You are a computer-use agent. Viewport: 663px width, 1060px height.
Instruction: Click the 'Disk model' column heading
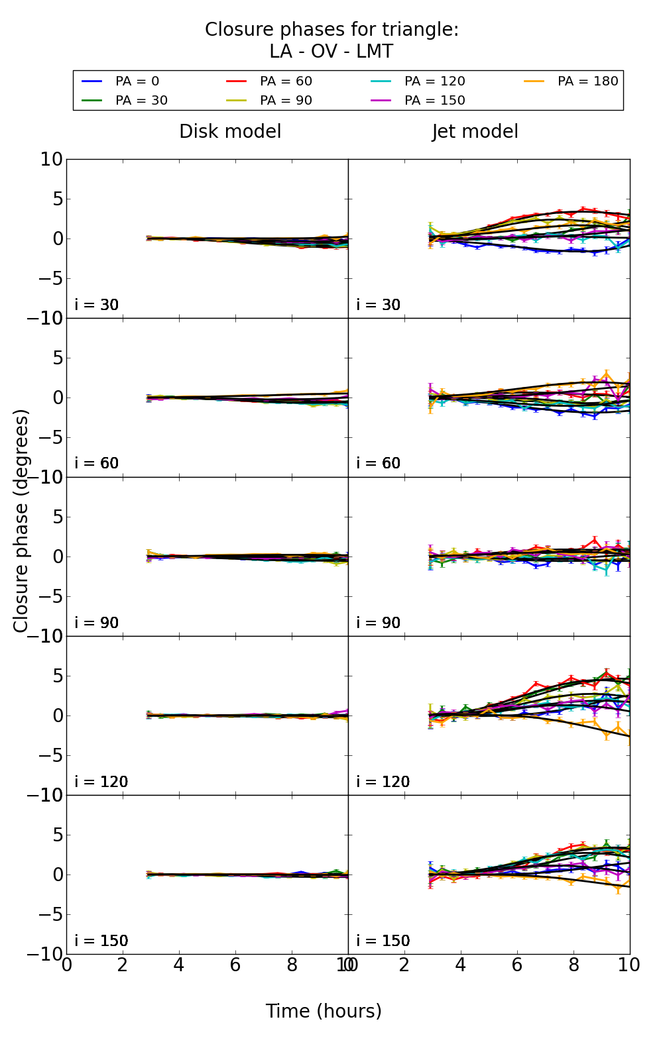(230, 132)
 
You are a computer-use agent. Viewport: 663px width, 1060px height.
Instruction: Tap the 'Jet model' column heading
(475, 132)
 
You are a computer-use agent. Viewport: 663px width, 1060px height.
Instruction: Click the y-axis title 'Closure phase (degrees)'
(21, 521)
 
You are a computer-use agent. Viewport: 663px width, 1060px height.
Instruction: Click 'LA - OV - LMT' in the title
(331, 52)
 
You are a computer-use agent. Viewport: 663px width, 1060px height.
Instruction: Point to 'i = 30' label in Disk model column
(97, 305)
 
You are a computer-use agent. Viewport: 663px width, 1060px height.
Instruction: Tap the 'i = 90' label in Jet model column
(379, 623)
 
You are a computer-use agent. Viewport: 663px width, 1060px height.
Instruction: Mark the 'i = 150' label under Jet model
(383, 941)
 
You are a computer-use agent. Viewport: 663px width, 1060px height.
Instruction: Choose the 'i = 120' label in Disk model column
(101, 782)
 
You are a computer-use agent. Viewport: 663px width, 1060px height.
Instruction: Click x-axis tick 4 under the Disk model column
(179, 965)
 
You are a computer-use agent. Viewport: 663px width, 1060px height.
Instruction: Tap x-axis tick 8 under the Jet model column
(573, 965)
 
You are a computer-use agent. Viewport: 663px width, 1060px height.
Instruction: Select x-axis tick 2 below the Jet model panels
(404, 965)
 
